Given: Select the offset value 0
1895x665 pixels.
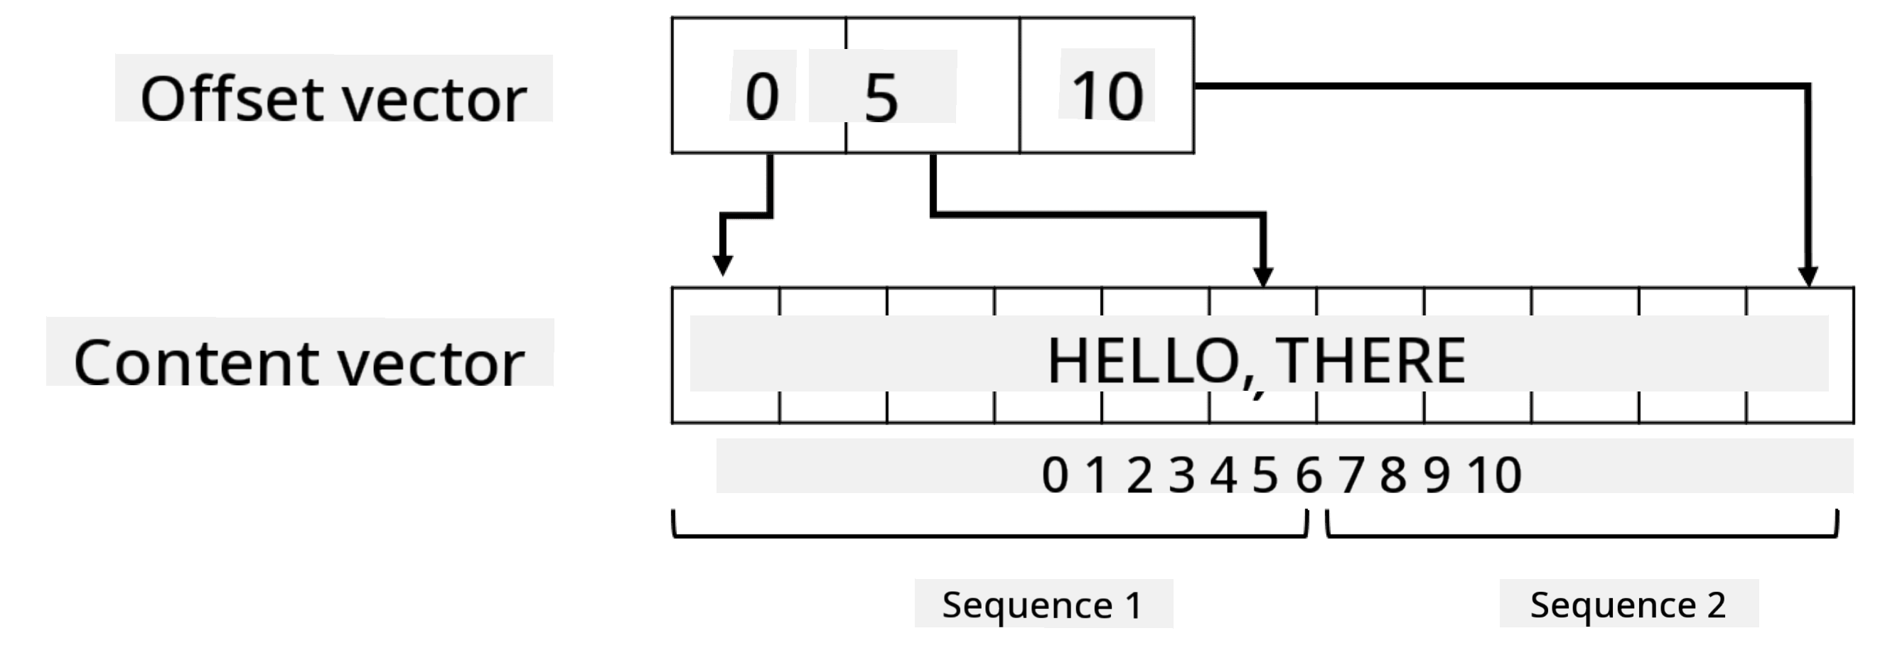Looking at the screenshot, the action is [x=762, y=97].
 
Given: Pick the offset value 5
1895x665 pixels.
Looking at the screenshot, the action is [x=881, y=97].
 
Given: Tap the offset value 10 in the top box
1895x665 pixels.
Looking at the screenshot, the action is [x=1108, y=97].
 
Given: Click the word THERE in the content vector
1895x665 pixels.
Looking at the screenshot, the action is [x=1370, y=360].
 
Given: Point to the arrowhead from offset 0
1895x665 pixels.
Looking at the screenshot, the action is [x=722, y=266].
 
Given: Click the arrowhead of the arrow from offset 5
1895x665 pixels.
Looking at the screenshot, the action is [x=1263, y=277].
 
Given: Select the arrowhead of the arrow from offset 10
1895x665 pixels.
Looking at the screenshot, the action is [x=1808, y=277].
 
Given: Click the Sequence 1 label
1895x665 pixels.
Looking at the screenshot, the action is [x=1043, y=605].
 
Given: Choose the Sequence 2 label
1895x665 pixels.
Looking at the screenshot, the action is [x=1628, y=605].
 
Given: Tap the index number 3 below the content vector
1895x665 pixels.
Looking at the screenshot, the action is [x=1182, y=475].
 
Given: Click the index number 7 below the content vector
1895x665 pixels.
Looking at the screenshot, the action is [x=1351, y=475].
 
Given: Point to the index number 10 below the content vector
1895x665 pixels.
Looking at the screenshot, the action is [x=1495, y=475].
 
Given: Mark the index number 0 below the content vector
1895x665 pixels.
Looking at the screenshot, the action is [x=1055, y=475].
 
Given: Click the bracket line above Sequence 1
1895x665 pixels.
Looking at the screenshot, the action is [x=990, y=536].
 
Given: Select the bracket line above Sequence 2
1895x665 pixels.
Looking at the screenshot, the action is [x=1582, y=536].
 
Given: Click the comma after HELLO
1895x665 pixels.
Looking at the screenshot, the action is [x=1257, y=388].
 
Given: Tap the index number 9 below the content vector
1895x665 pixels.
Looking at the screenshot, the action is [x=1437, y=475].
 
